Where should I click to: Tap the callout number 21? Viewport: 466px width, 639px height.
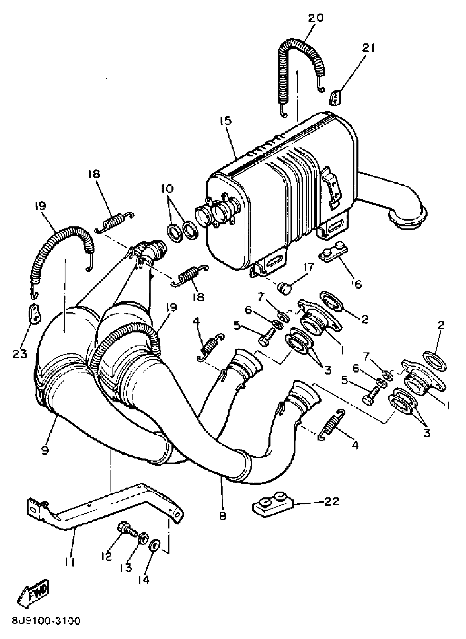pyautogui.click(x=368, y=49)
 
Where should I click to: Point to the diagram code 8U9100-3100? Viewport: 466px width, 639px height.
pyautogui.click(x=46, y=621)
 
